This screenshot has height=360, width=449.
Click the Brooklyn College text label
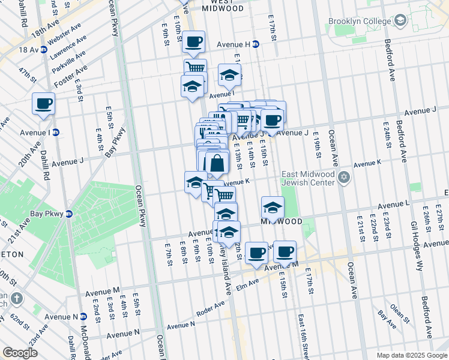360,22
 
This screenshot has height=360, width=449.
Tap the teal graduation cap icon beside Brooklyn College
400,22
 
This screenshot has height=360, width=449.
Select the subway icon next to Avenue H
256,44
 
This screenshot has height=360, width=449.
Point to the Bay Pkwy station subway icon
68,214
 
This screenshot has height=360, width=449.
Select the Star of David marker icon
344,176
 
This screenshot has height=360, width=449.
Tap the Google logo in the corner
20,353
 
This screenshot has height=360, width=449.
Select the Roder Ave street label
211,310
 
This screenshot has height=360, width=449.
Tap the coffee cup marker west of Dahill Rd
43,103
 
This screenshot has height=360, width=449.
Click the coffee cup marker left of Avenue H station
193,42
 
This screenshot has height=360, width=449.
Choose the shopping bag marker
216,163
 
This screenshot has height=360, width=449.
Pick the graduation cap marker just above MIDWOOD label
273,208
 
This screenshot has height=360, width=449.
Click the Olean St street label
398,310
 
